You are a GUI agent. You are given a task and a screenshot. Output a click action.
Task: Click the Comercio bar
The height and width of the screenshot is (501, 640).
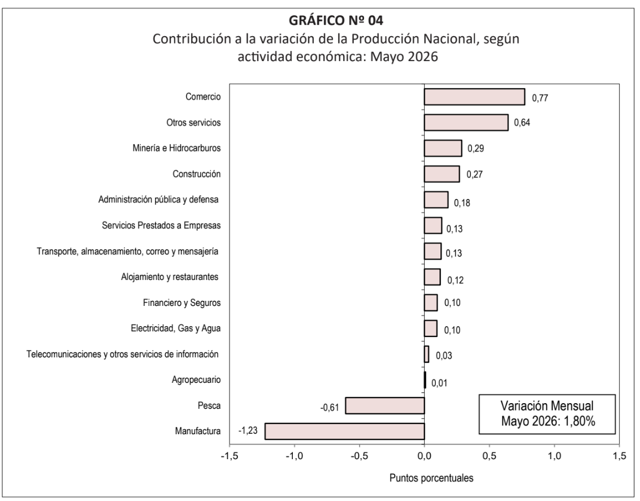[475, 97]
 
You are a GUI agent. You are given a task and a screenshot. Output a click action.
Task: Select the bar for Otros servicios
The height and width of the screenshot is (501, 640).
[466, 123]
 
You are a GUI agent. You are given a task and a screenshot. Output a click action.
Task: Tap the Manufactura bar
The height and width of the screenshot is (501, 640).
[344, 431]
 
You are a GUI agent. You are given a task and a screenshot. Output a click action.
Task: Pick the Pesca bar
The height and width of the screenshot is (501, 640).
[385, 405]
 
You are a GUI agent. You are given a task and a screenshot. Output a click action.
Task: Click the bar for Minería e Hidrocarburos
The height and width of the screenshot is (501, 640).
[443, 148]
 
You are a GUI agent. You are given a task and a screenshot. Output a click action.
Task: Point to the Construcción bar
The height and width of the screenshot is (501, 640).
[442, 174]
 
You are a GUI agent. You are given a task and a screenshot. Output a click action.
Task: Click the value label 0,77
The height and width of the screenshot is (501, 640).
[540, 98]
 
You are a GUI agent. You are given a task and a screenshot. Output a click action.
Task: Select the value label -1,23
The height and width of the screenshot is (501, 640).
[248, 430]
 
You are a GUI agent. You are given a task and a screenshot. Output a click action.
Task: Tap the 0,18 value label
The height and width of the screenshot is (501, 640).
[462, 202]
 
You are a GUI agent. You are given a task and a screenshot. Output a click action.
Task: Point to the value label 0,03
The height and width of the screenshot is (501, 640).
[444, 356]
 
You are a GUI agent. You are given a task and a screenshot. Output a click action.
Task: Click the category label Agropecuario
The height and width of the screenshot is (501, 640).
[196, 380]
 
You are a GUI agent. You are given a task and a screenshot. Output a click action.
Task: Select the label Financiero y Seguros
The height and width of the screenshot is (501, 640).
[181, 303]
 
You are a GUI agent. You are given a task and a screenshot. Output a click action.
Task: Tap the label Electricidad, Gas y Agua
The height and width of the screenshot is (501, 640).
[176, 329]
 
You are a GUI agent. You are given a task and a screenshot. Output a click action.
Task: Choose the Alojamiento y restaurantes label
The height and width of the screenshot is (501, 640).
[170, 277]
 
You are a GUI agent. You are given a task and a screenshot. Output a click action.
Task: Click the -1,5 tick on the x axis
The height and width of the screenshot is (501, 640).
[230, 456]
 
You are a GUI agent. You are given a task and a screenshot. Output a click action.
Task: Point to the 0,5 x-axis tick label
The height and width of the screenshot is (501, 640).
[490, 456]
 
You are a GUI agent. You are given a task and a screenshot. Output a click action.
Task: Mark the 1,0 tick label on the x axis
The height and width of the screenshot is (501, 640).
[554, 456]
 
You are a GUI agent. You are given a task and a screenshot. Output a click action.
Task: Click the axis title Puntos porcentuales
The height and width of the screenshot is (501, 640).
[431, 478]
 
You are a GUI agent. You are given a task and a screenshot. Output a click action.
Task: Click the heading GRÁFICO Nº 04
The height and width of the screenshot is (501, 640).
[336, 20]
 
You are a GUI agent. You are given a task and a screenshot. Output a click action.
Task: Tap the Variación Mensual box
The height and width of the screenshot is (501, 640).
[547, 414]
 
